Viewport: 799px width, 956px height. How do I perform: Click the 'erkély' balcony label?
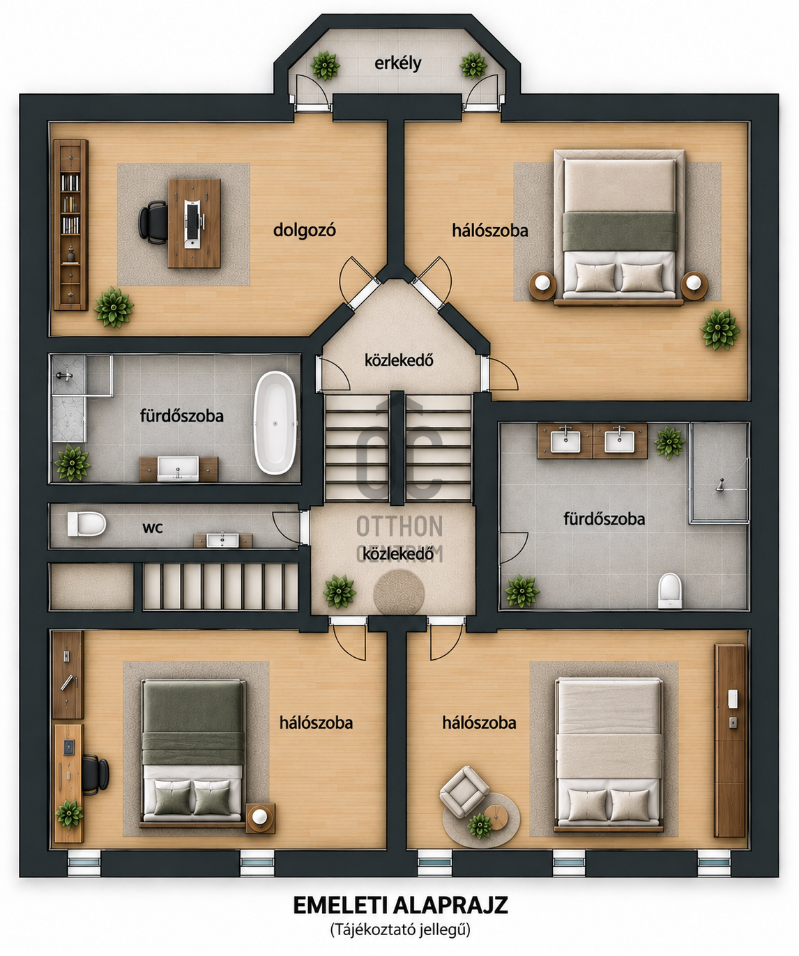tap(397, 63)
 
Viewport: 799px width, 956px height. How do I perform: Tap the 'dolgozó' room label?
tap(305, 230)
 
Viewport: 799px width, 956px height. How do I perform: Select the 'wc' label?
tap(153, 528)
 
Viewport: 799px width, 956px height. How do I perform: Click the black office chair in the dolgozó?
tap(153, 222)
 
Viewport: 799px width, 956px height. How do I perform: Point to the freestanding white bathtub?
tap(275, 422)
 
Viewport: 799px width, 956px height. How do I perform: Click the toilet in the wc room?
tap(86, 524)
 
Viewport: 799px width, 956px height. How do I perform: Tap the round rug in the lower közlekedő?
tap(399, 593)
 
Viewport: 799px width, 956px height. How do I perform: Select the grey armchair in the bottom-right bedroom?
tap(464, 792)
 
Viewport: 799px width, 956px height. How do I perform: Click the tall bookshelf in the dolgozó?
tap(70, 225)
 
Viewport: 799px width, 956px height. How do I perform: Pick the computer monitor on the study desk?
tap(192, 224)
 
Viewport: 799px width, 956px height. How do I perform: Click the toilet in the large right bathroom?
tap(670, 591)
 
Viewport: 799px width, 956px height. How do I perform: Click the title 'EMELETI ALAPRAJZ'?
tap(400, 905)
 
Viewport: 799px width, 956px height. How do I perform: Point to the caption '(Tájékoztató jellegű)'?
tap(400, 930)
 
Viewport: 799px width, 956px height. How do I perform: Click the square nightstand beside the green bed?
tap(260, 818)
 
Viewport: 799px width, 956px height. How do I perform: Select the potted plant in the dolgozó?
tap(114, 307)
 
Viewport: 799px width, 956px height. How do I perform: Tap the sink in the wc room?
tap(222, 540)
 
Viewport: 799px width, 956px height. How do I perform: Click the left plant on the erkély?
tap(326, 65)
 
